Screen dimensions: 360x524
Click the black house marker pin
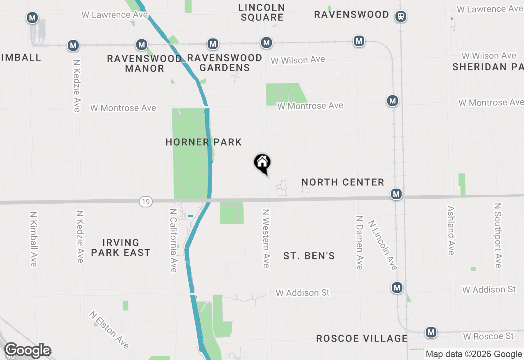point(262,163)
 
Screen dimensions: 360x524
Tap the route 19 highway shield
point(145,201)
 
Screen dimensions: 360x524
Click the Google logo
point(27,351)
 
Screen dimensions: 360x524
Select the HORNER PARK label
point(203,142)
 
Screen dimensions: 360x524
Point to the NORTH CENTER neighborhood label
point(343,182)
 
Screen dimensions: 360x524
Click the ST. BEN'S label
point(309,256)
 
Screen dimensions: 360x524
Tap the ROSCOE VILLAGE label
point(362,338)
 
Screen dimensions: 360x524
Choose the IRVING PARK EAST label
point(121,248)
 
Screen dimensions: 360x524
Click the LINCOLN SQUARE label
point(262,12)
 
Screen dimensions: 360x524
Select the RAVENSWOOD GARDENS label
point(225,63)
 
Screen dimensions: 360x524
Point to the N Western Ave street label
point(266,239)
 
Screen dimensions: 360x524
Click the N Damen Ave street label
point(359,243)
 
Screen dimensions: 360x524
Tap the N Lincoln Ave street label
point(383,245)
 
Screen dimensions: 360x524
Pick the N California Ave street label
point(174,241)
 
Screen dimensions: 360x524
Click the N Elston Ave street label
point(109,330)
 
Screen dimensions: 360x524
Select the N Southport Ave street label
point(498,235)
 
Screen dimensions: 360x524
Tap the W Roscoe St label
point(488,336)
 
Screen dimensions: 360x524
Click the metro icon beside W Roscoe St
point(431,332)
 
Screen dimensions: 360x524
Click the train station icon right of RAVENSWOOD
point(401,16)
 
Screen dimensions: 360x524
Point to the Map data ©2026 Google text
point(474,354)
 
